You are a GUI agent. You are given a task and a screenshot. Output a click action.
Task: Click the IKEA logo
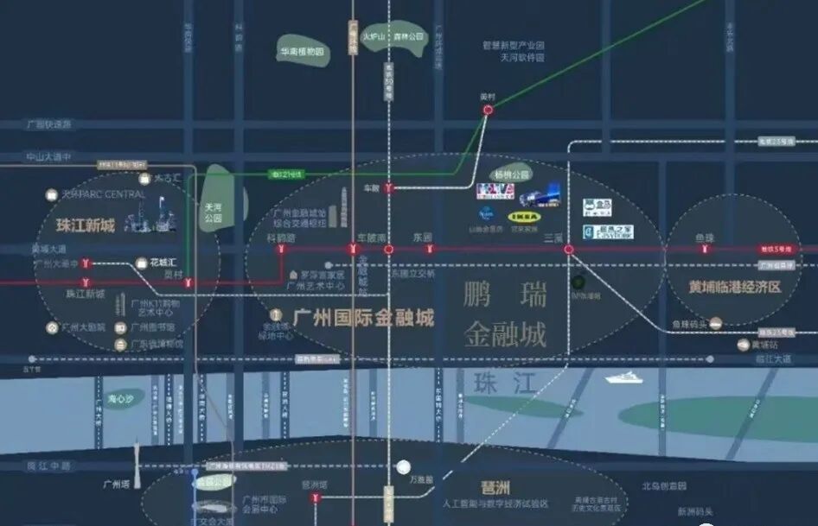(x=523, y=218)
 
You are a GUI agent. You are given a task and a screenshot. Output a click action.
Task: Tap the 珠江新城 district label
(x=86, y=226)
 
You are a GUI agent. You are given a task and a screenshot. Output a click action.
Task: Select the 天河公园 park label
(x=214, y=212)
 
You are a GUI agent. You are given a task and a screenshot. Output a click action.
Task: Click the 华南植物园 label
(x=301, y=52)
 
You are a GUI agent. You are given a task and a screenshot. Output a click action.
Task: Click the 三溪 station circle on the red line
(x=569, y=250)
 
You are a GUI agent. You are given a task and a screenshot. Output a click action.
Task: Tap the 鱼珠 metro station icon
(x=706, y=250)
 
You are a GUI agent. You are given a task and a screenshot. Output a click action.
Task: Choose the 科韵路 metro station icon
(x=281, y=250)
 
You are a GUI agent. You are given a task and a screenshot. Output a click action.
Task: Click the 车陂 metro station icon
(x=390, y=187)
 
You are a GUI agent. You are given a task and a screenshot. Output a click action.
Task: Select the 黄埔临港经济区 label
(x=734, y=286)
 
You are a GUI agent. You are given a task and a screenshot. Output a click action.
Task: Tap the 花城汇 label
(x=163, y=262)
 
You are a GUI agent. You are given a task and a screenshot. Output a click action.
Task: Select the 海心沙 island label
(x=122, y=399)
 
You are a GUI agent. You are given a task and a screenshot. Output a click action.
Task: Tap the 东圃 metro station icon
(x=429, y=250)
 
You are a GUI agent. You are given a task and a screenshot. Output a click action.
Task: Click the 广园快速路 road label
(x=48, y=124)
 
